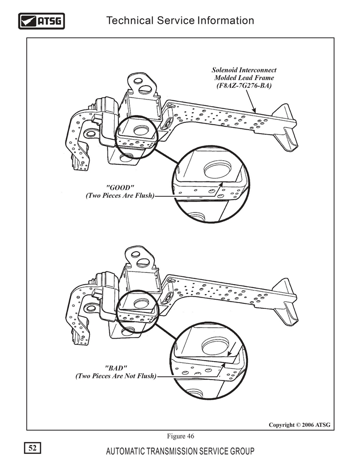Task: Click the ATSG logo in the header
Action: point(41,21)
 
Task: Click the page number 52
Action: point(32,448)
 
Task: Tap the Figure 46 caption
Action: point(180,436)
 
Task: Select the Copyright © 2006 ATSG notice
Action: point(299,425)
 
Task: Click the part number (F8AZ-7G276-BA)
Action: point(244,86)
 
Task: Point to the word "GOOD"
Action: point(120,188)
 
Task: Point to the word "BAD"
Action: point(116,368)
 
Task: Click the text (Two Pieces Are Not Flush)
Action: point(116,376)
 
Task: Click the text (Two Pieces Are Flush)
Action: point(120,195)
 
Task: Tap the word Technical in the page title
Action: point(130,21)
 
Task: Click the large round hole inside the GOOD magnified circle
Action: point(218,169)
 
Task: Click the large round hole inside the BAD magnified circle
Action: point(216,346)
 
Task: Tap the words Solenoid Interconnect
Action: point(244,70)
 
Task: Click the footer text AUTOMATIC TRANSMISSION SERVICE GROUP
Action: point(180,451)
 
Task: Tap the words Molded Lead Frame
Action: point(244,78)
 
